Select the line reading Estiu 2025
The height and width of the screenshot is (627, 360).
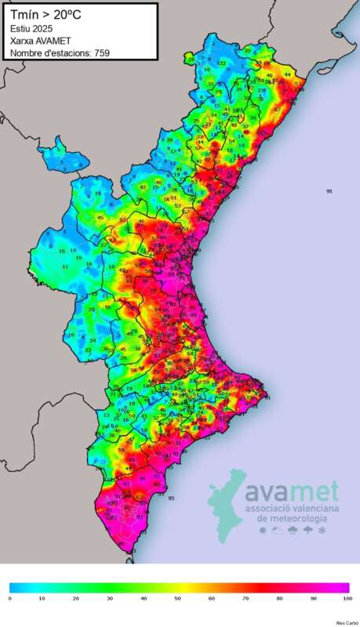click(31, 29)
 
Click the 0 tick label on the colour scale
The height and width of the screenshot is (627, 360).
click(10, 598)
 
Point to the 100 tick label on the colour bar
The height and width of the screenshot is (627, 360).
click(347, 598)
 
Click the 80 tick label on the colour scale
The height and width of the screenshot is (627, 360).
click(281, 598)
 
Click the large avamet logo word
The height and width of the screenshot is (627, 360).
click(291, 491)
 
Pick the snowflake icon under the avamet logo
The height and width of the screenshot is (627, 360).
click(322, 531)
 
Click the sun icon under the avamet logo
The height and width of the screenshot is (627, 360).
click(262, 531)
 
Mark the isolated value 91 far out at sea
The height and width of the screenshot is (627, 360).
click(329, 191)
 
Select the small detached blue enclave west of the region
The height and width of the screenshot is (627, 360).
click(60, 153)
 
